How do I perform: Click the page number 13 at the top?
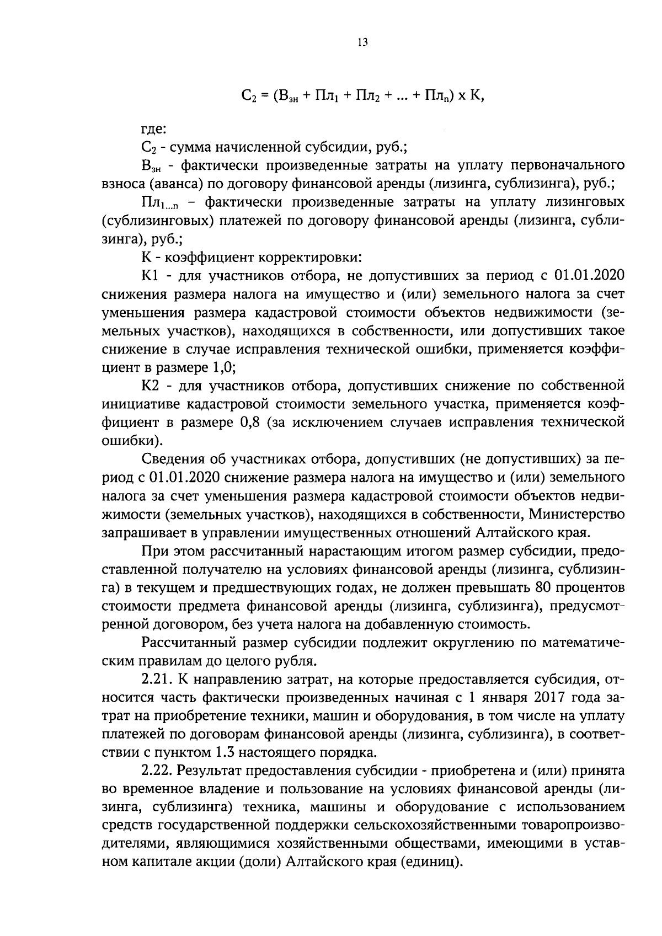click(362, 43)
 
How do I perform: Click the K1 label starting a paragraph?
click(151, 275)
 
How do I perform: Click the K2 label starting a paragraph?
click(151, 384)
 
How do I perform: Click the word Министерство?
click(576, 514)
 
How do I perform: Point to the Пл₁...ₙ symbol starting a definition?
click(160, 202)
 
